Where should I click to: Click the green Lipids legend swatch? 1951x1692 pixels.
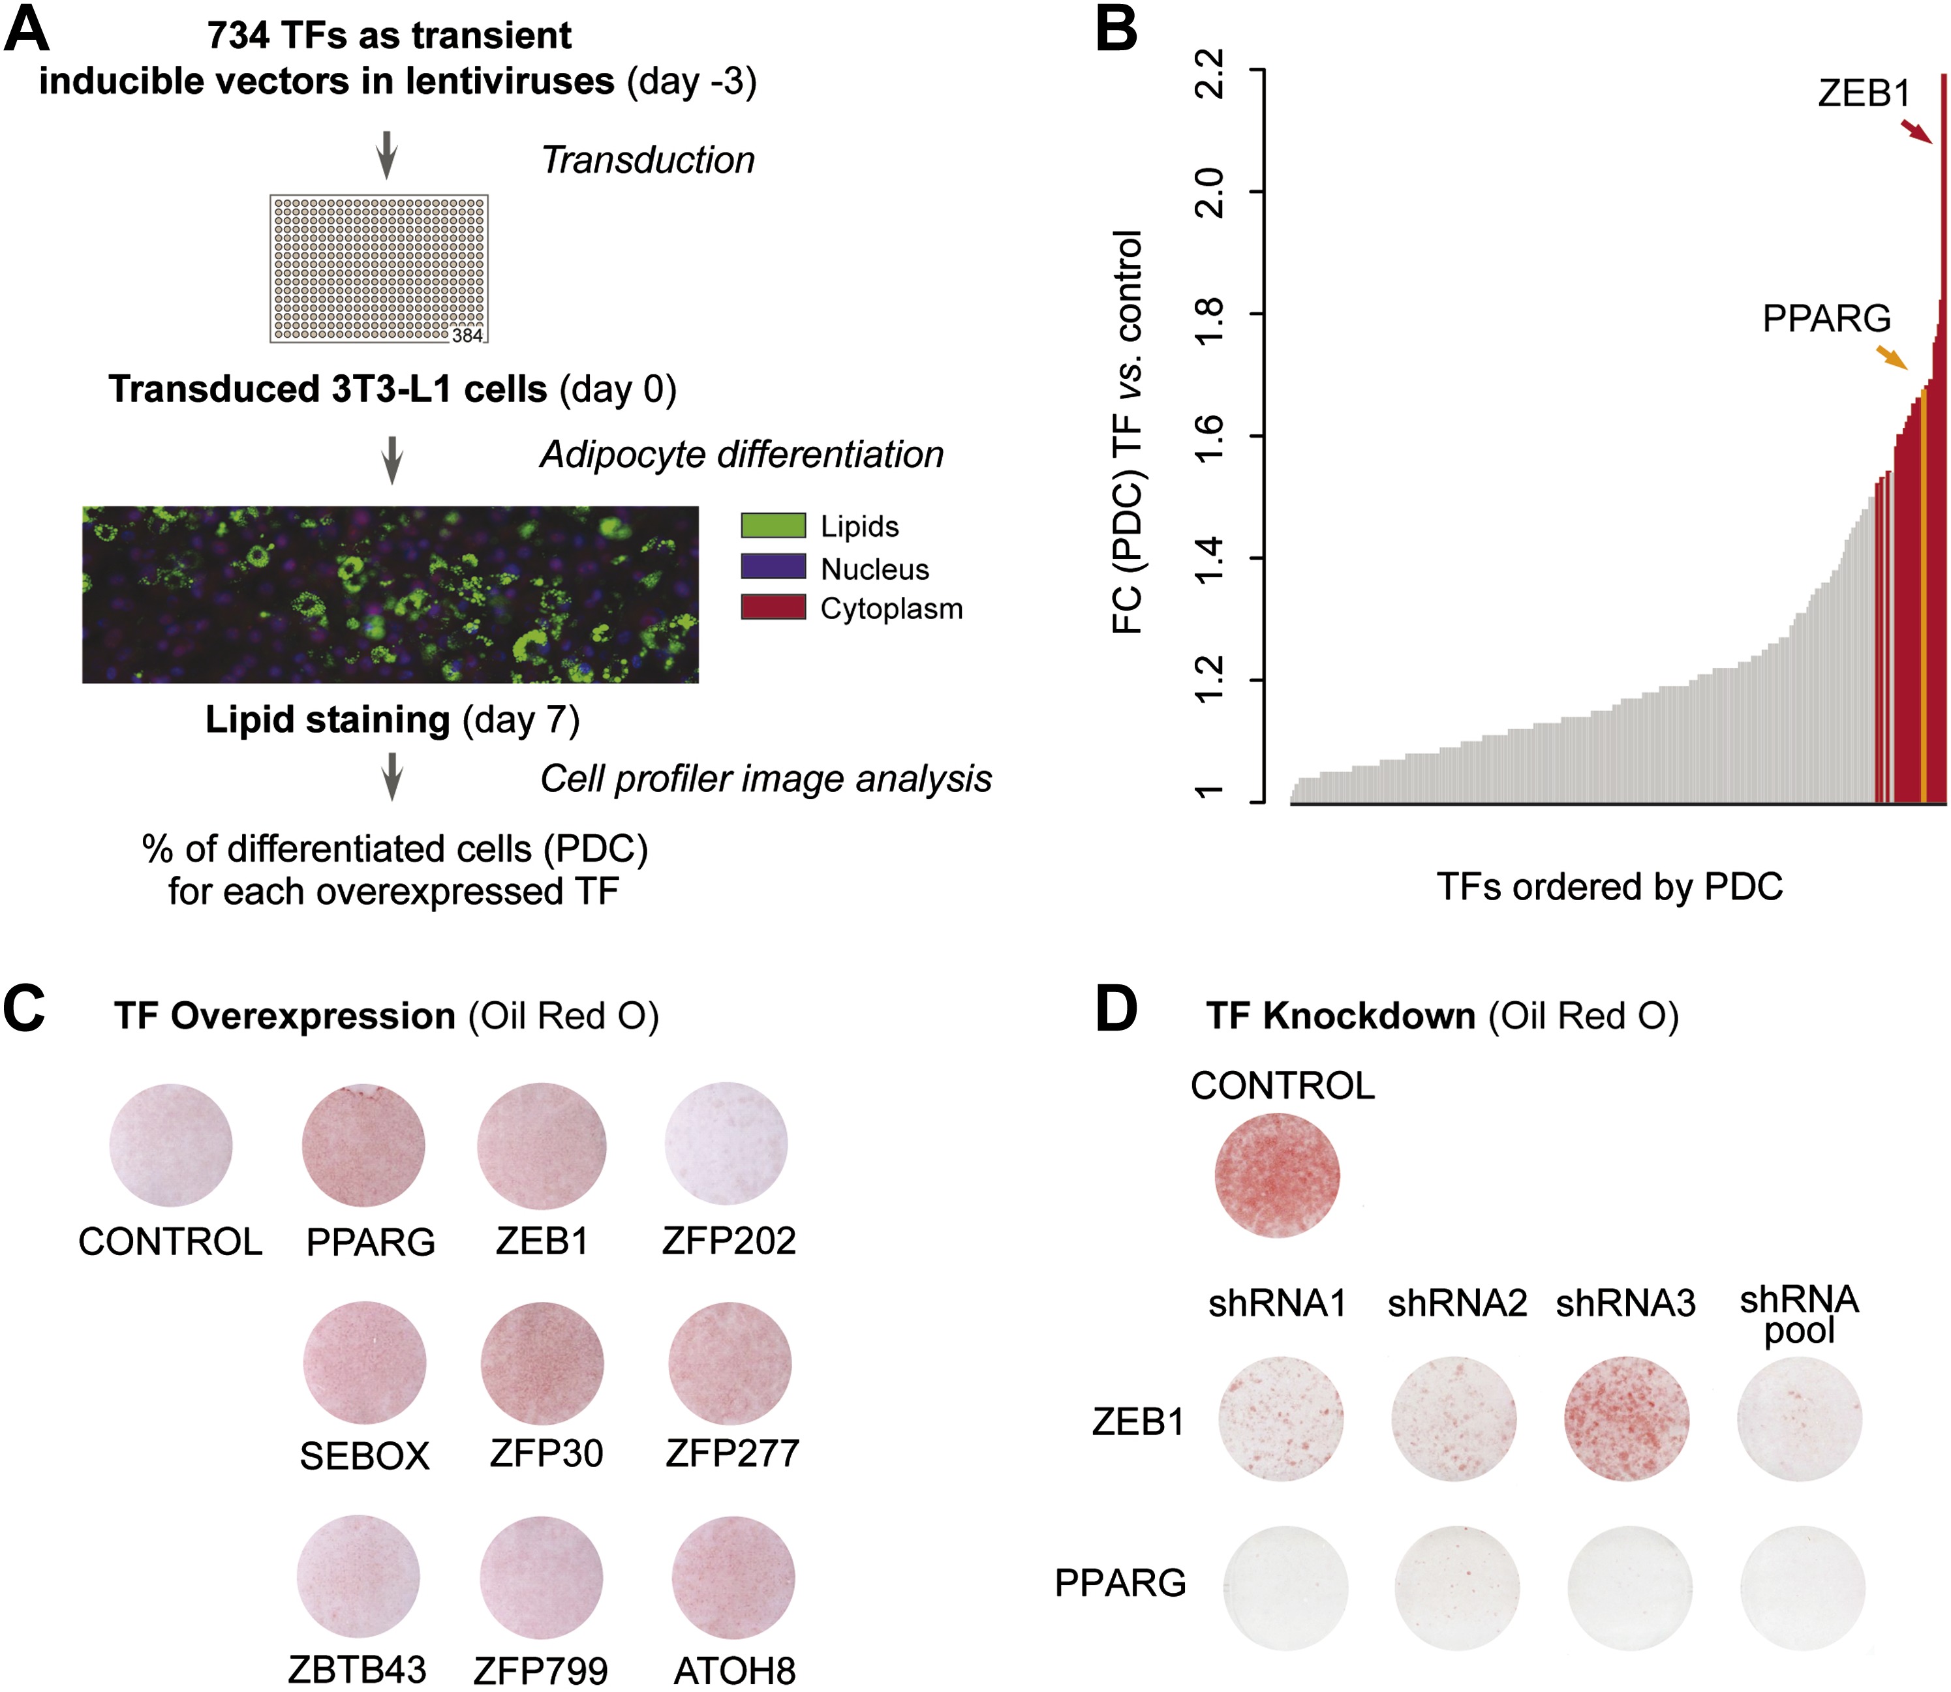coord(773,525)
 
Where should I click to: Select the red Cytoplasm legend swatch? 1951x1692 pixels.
coord(773,607)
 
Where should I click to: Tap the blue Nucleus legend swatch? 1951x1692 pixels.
coord(773,567)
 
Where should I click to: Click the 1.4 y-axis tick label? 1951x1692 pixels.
coord(1210,558)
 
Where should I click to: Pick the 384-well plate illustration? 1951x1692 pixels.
coord(378,268)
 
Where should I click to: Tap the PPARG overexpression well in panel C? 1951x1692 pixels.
coord(363,1145)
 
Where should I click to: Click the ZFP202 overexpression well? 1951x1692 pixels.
coord(726,1143)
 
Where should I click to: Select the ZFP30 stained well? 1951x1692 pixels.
coord(542,1363)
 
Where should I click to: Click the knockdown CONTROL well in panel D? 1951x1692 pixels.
coord(1277,1175)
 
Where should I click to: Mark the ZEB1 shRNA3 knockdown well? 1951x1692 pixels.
coord(1626,1418)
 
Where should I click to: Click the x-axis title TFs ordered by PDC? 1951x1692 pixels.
coord(1609,886)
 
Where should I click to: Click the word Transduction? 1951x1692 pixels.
coord(648,160)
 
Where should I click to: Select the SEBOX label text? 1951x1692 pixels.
coord(365,1456)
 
